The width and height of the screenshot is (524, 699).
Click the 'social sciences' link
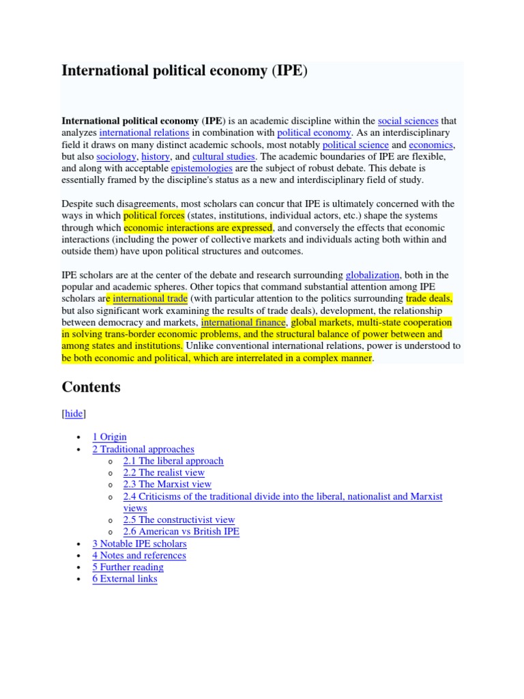point(408,121)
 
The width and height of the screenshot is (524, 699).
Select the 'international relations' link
point(145,133)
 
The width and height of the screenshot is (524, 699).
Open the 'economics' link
point(431,145)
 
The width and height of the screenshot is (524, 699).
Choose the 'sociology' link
point(115,157)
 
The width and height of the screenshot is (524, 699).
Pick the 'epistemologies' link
point(202,169)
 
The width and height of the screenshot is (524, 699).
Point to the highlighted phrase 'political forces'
point(154,216)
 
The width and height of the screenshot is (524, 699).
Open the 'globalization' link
point(373,275)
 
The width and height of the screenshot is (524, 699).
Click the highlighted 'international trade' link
point(150,299)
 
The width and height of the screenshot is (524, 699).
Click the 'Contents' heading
point(91,387)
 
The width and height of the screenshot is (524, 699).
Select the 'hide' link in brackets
point(74,414)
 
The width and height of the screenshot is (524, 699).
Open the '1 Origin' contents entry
point(109,437)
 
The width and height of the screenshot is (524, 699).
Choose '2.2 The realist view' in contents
point(164,472)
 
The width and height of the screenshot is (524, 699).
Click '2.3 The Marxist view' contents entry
point(167,484)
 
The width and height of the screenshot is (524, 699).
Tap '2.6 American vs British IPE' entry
point(181,531)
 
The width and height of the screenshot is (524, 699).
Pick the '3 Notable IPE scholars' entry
point(139,543)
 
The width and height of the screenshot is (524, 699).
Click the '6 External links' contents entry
point(125,579)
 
